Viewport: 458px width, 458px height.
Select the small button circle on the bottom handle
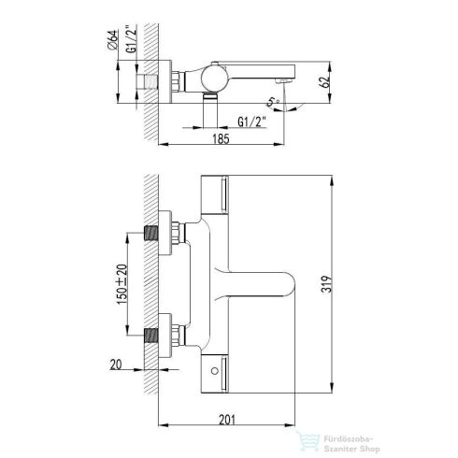pos(214,371)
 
